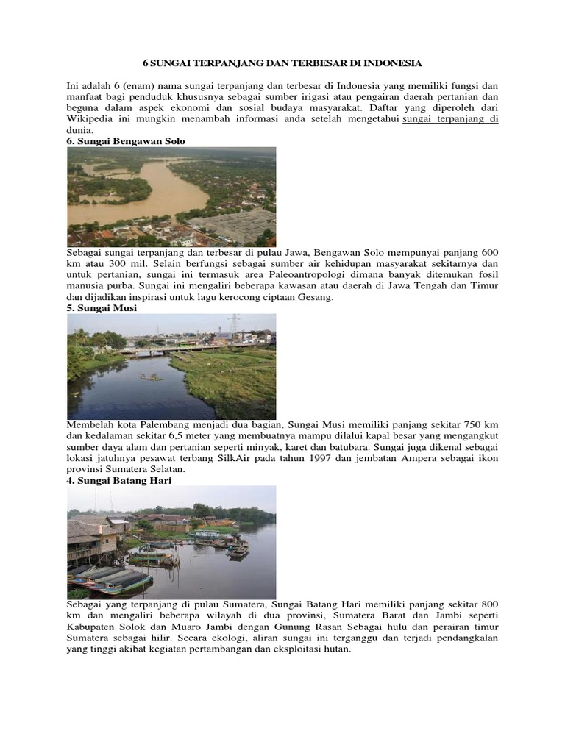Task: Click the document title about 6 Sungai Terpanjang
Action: [282, 64]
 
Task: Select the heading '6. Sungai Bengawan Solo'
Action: [126, 140]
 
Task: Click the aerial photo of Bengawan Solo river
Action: [171, 196]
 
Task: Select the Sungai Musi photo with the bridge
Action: [171, 366]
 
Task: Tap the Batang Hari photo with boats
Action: [171, 542]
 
